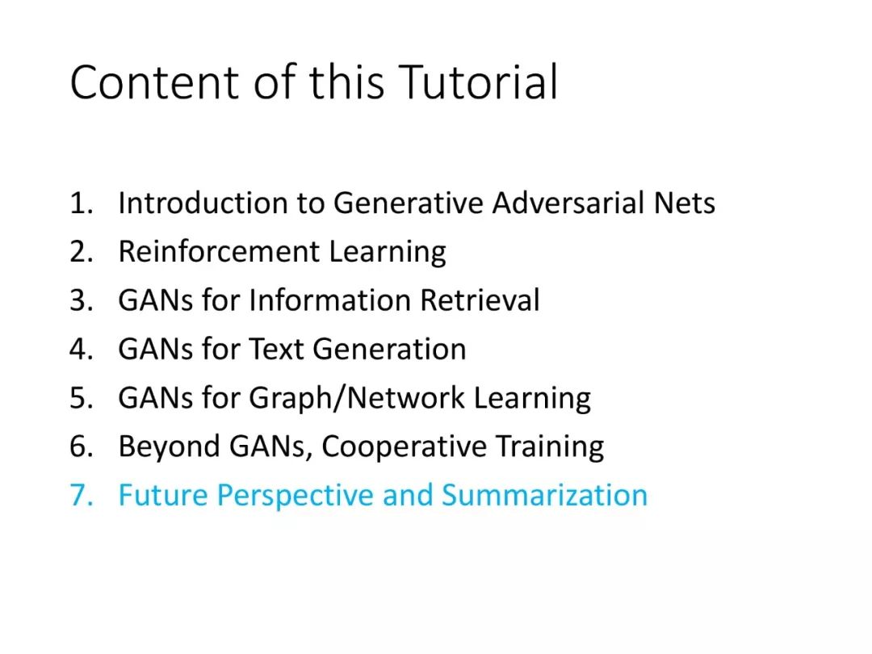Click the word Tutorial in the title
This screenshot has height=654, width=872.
point(478,82)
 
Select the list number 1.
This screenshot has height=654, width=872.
point(81,203)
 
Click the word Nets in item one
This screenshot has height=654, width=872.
point(684,203)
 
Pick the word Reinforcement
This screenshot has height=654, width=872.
point(219,251)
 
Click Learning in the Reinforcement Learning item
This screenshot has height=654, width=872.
point(388,252)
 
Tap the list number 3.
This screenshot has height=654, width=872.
point(81,300)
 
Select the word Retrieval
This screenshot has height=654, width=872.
point(480,300)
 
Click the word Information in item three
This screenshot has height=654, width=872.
point(329,300)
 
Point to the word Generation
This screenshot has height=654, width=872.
point(389,350)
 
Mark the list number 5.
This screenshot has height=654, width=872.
point(81,398)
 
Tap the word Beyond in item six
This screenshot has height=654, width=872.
point(170,446)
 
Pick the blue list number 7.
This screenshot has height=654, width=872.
point(81,496)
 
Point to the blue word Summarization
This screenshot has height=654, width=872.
point(545,496)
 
